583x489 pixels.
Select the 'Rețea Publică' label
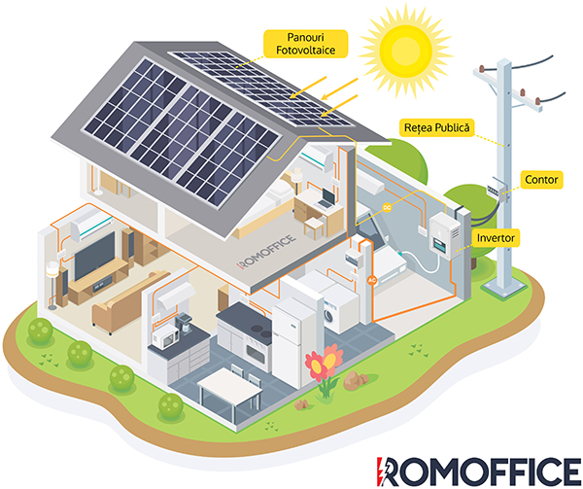pyautogui.click(x=437, y=127)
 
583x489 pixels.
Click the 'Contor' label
pyautogui.click(x=539, y=179)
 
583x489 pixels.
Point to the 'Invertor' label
pyautogui.click(x=496, y=237)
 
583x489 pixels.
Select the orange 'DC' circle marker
pyautogui.click(x=386, y=208)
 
